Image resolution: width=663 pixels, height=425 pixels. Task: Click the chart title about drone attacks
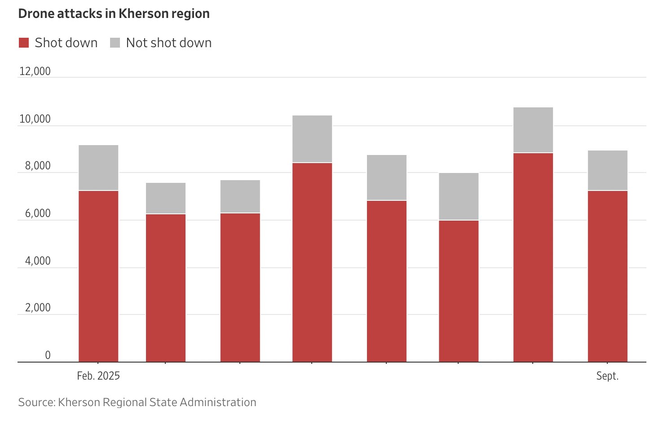coord(114,14)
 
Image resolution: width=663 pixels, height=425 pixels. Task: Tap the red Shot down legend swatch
coord(24,43)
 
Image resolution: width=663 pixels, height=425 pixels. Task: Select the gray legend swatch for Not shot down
coord(115,43)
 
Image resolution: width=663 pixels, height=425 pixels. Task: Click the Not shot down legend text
coord(169,43)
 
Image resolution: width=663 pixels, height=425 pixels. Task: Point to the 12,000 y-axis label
coord(35,71)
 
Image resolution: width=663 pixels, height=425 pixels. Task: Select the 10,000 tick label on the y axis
coord(35,119)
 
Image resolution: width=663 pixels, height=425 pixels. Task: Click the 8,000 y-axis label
coord(38,166)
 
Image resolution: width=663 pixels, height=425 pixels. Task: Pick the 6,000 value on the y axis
coord(38,213)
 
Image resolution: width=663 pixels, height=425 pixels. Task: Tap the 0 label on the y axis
coord(48,355)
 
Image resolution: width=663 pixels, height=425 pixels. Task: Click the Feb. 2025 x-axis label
coord(98,376)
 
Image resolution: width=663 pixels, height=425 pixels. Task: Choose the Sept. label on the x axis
coord(607,376)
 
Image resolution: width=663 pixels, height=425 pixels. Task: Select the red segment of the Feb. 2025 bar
coord(98,276)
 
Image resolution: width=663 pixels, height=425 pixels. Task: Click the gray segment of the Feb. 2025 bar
coord(98,168)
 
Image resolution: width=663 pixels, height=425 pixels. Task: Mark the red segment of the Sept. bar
coord(608,276)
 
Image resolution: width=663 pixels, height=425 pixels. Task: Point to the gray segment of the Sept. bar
coord(608,170)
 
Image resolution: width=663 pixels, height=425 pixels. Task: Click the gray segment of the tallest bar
coord(533,130)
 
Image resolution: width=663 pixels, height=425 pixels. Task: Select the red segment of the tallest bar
coord(533,257)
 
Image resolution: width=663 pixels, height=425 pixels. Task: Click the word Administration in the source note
coord(218,403)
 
